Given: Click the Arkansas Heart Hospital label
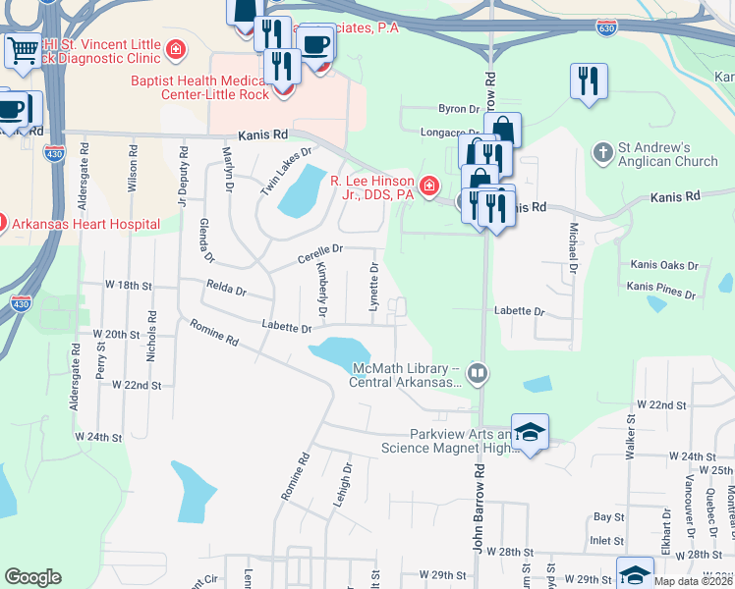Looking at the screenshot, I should (x=86, y=225).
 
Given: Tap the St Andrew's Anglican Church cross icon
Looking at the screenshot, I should (x=602, y=152).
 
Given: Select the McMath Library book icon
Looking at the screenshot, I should (x=477, y=372).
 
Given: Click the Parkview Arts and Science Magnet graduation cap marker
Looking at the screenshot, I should (x=530, y=432).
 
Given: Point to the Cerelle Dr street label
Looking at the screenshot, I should (x=320, y=253).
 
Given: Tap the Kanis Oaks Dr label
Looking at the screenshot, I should (x=664, y=265).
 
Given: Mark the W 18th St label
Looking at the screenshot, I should (x=130, y=285).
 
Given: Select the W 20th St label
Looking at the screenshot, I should (x=117, y=334).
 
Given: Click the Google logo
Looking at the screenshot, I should (x=32, y=576).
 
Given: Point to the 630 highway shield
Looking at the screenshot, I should (x=608, y=29).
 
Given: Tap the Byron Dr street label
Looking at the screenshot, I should (x=457, y=110).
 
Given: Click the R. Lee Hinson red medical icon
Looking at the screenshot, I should (x=427, y=186).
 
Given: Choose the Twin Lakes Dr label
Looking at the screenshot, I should (x=286, y=171).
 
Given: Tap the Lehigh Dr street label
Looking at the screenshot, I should (x=346, y=488).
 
